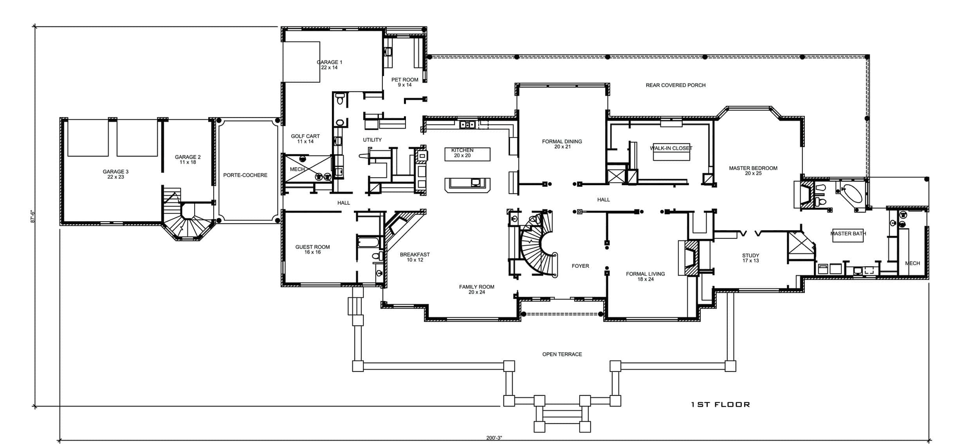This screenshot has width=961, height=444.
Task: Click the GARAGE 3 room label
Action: [x=116, y=174]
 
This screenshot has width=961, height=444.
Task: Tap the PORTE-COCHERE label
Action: [x=245, y=175]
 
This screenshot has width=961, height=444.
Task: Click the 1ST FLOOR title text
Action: [x=720, y=404]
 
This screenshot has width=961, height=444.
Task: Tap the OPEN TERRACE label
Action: [x=562, y=354]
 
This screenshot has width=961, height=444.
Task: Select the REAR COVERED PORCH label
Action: [x=675, y=85]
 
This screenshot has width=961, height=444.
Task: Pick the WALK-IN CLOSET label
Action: [x=671, y=148]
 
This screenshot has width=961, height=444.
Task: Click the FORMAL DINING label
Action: [x=562, y=144]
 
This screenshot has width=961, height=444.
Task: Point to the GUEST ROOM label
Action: [x=312, y=249]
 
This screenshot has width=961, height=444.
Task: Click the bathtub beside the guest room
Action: [x=369, y=243]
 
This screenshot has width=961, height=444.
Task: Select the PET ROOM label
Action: [x=404, y=82]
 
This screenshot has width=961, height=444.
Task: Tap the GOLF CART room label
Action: [x=305, y=139]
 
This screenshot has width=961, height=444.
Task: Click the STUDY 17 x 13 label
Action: [x=750, y=258]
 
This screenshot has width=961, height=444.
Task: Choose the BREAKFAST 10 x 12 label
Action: [x=414, y=257]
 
